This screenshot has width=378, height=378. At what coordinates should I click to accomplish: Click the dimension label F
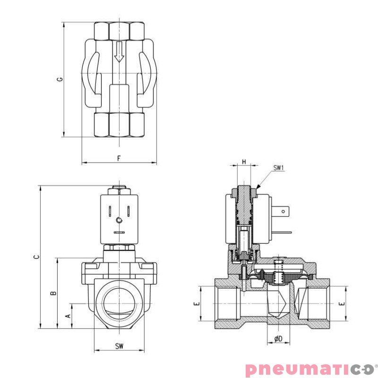(119, 158)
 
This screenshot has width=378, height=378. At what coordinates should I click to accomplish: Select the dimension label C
(36, 257)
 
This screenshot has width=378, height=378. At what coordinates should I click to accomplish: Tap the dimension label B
(53, 292)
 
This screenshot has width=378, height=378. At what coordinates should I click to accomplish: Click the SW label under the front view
(119, 346)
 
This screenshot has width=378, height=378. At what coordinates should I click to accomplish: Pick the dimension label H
(244, 162)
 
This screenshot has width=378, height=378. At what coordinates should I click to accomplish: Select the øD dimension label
(278, 338)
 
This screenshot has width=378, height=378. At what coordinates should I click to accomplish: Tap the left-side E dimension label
(198, 303)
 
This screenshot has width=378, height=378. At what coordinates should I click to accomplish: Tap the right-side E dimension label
(343, 303)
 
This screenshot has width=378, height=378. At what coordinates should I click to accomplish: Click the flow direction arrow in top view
(119, 52)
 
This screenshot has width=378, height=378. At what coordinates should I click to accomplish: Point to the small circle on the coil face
(119, 220)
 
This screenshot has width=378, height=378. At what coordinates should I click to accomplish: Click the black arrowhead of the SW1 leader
(257, 188)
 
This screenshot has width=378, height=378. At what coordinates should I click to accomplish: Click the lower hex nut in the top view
(119, 125)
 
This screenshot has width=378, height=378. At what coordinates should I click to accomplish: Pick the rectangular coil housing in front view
(119, 217)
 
